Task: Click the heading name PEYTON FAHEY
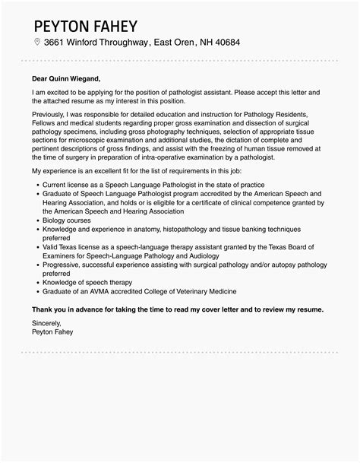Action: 84,17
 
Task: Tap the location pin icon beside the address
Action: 36,42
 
